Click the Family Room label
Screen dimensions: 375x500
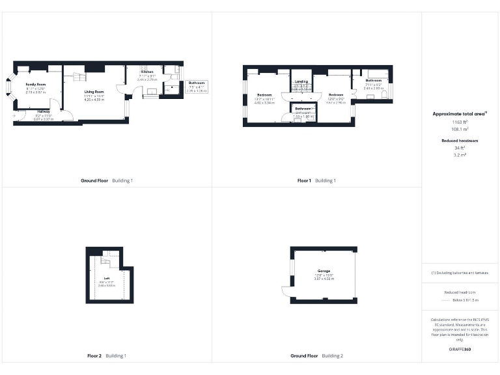[x=36, y=85]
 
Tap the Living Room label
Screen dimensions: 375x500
[x=94, y=92]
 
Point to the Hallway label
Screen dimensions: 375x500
[x=43, y=111]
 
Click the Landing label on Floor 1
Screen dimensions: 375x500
[x=301, y=81]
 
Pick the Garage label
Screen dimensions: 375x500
[x=324, y=271]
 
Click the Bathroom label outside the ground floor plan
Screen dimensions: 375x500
[x=197, y=83]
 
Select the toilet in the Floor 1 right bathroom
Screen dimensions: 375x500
[x=385, y=95]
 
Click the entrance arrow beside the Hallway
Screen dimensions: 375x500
[x=15, y=115]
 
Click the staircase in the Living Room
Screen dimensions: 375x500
[x=76, y=77]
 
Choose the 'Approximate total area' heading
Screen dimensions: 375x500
[x=460, y=114]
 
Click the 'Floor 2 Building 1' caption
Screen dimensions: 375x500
[x=107, y=356]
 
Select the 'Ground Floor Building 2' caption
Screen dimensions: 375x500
[x=316, y=356]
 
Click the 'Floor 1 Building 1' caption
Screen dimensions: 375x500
[x=316, y=180]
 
